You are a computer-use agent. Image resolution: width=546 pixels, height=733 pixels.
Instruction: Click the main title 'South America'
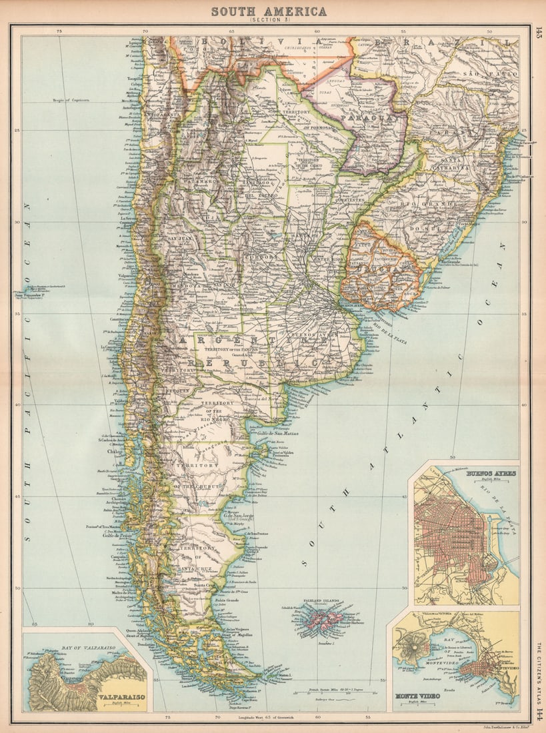(269, 11)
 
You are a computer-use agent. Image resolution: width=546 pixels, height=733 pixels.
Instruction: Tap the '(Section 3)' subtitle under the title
(269, 21)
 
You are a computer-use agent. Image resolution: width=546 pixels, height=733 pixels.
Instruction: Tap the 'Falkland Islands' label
(321, 601)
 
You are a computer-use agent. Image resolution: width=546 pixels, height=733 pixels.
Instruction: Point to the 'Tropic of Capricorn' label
(71, 101)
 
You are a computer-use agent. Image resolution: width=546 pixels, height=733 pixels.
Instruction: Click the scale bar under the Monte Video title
(419, 704)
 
